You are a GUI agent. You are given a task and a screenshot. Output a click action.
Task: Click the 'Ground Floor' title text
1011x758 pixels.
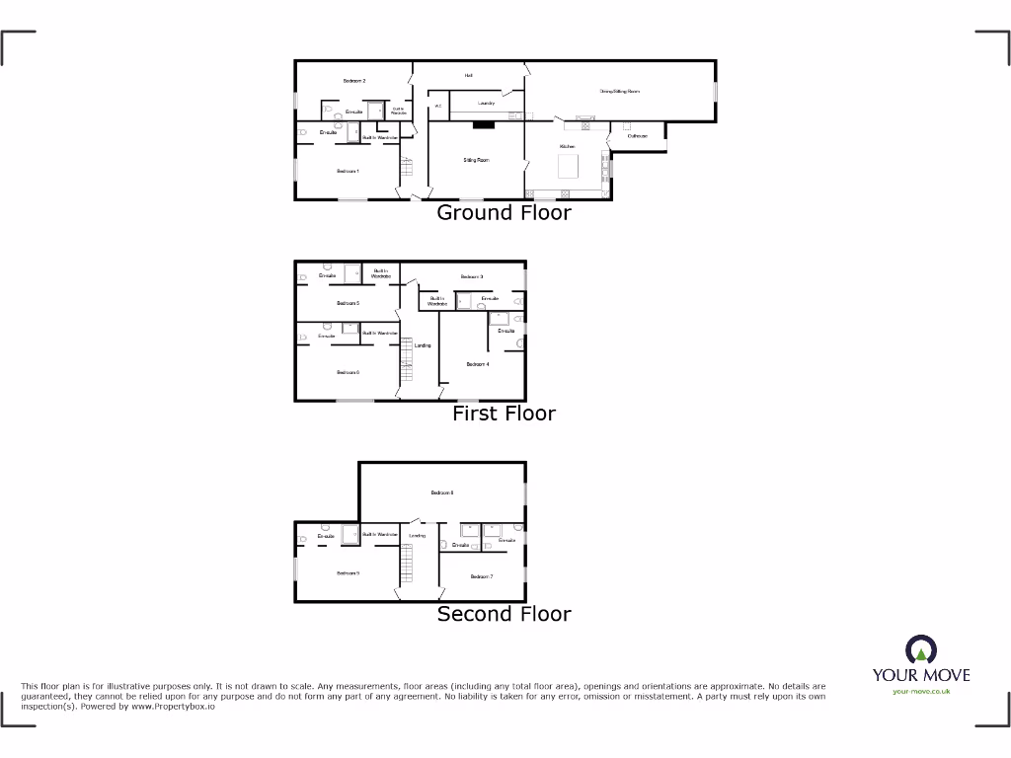pos(504,212)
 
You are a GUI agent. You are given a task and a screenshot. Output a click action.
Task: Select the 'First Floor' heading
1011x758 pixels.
pos(504,414)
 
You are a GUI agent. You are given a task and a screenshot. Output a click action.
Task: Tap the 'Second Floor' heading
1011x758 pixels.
pos(504,614)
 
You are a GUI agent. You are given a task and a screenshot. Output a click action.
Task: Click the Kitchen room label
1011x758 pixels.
pos(568,146)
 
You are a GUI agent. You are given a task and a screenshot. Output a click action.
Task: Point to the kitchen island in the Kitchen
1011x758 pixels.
pos(569,167)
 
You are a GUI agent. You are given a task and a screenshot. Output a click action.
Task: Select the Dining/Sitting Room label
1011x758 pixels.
pos(620,91)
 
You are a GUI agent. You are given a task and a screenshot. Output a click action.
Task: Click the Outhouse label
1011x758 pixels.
pos(637,136)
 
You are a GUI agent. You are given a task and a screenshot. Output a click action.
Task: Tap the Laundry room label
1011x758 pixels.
pos(486,103)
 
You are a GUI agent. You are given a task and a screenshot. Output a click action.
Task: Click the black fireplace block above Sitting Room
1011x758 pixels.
pos(483,125)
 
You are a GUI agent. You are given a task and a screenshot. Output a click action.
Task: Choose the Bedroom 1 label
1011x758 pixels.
pos(348,172)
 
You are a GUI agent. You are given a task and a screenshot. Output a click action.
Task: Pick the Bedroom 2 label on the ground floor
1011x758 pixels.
pos(354,81)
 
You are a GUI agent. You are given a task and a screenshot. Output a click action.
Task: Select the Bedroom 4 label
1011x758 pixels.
pos(478,364)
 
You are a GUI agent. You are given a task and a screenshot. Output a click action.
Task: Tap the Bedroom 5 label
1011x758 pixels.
pos(348,303)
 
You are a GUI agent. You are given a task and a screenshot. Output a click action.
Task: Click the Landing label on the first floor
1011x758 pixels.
pos(423,345)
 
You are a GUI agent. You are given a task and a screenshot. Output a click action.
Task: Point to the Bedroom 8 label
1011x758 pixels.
pos(441,492)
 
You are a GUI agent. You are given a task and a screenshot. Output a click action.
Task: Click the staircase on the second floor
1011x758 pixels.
pos(406,565)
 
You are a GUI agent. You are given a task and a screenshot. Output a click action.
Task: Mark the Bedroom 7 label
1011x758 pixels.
pos(481,576)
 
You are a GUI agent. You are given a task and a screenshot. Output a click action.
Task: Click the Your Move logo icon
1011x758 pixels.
pos(920,650)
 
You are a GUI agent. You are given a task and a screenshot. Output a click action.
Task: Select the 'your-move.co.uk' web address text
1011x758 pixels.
pos(920,692)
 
